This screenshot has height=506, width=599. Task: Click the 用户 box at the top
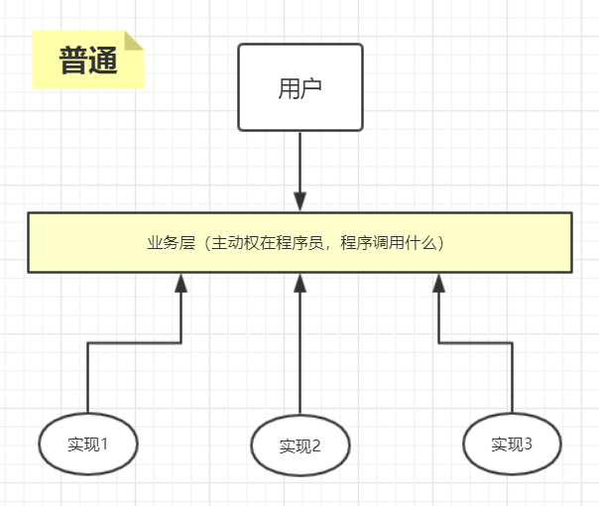coord(300,87)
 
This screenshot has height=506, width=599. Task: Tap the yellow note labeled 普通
coord(87,62)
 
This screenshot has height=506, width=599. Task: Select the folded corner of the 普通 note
coord(134,41)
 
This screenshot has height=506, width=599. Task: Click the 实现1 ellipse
coord(88,443)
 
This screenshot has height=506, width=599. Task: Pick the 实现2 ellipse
coord(300,445)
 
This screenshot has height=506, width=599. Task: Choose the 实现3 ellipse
coord(512,443)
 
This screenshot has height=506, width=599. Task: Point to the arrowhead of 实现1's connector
coord(180,283)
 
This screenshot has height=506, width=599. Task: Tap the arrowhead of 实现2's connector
coord(299,283)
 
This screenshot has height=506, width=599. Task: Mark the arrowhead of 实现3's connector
coord(439,283)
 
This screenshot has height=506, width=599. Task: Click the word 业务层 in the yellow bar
coord(167,242)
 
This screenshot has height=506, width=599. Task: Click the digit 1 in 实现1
coord(103,443)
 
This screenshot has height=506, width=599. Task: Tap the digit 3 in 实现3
coord(528,443)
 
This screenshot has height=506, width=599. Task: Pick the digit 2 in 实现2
coord(316,445)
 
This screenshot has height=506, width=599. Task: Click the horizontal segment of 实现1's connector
coord(134,343)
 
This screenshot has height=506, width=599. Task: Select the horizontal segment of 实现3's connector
coord(476,343)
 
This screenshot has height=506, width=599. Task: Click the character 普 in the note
coord(73,62)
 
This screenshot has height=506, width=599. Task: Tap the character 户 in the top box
coord(313,88)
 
